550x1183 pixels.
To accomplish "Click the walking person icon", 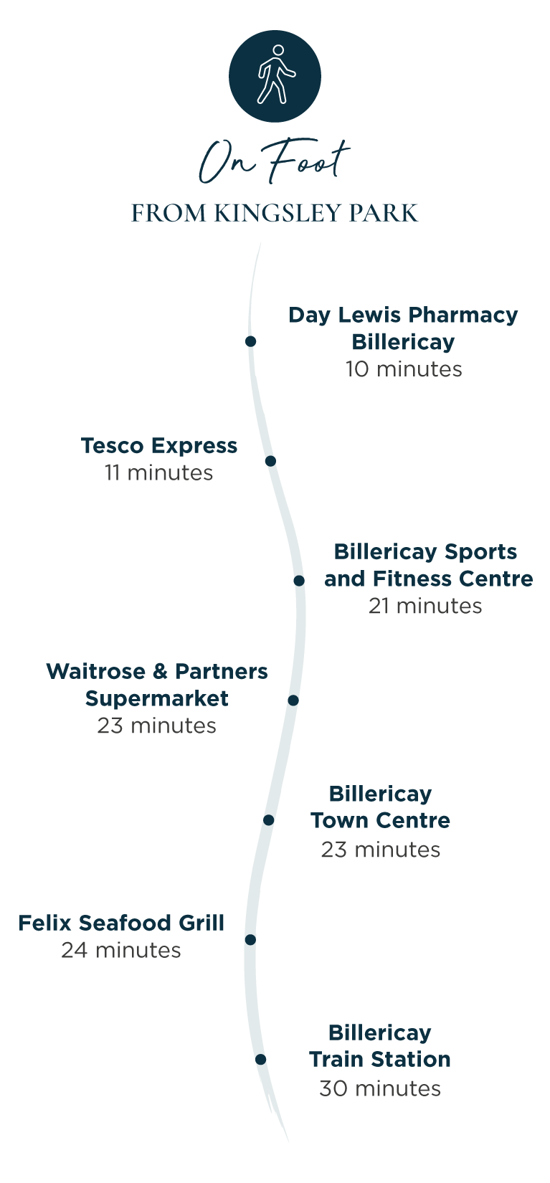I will pos(275,76).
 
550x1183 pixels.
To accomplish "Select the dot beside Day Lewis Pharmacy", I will pos(250,341).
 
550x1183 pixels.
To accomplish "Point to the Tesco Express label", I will pos(158,446).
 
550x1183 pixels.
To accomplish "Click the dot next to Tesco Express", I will pos(270,460).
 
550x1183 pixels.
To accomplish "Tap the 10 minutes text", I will pos(404,369).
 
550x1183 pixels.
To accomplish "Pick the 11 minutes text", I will pos(158,473).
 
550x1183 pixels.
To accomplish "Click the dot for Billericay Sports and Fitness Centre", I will pos(299,580).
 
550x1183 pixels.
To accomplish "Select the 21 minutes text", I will pos(425,607).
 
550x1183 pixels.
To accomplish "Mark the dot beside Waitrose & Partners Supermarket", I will pos(293,700).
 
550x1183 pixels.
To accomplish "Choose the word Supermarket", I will pos(157,699).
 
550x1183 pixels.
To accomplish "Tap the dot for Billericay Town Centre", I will pos(268,819).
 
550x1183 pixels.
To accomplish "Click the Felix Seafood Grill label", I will pos(121,923).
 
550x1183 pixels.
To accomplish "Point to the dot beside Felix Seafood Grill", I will pos(250,939).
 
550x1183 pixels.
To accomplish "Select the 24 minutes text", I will pos(121,951).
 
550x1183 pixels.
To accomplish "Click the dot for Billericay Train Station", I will pos(260,1059).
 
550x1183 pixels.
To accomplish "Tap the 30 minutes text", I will pos(380,1089).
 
